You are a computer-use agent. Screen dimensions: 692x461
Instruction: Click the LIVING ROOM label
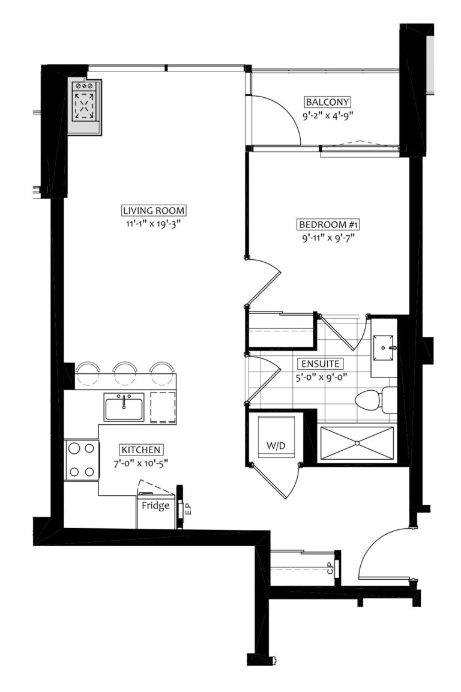tap(154, 211)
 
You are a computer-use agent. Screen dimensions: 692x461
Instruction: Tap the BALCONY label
tap(327, 102)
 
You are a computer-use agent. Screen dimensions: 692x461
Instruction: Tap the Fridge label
tap(155, 505)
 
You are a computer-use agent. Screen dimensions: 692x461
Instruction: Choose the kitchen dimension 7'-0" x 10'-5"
tap(142, 463)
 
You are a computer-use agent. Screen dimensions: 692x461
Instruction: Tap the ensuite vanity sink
tap(384, 346)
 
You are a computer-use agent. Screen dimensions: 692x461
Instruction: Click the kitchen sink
tap(124, 408)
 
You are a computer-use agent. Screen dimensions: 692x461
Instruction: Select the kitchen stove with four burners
tap(82, 460)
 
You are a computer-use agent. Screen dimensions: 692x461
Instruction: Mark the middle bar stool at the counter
tap(125, 373)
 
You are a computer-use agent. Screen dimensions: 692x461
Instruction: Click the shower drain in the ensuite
tap(357, 443)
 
